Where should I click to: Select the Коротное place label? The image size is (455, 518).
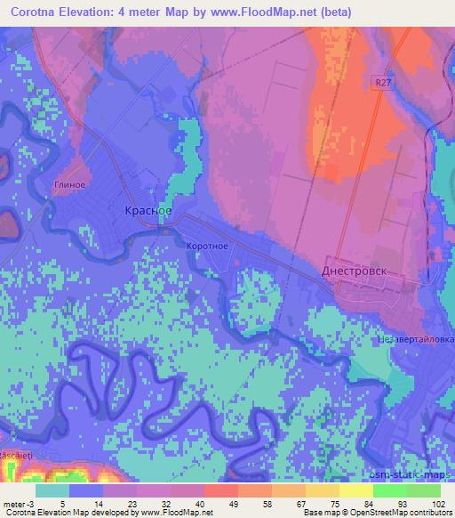(x=209, y=247)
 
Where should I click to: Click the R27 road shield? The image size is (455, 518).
(x=381, y=81)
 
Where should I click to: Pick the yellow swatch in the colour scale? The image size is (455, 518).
(x=355, y=490)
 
